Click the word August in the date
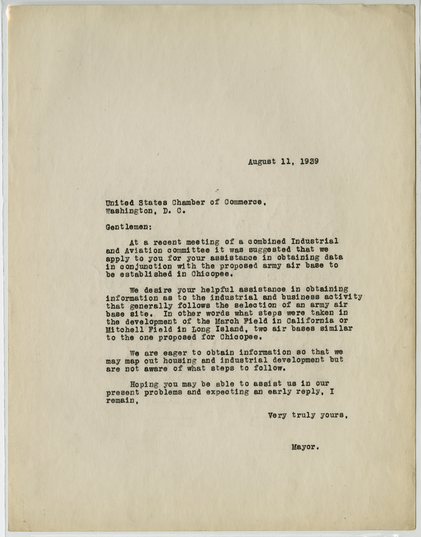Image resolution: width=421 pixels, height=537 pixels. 261,161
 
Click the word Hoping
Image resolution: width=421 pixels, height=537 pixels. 144,384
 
